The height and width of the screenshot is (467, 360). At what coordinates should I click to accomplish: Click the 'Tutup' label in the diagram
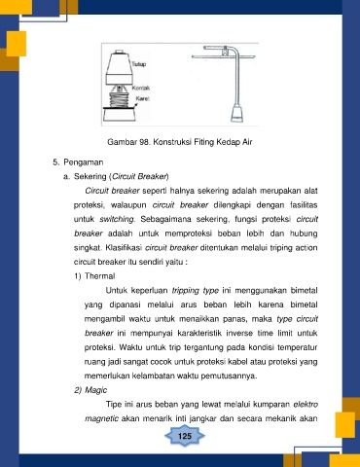tap(139, 64)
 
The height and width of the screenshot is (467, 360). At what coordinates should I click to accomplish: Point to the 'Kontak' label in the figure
tap(141, 88)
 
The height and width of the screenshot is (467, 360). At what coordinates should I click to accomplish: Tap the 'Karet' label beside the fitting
tap(142, 98)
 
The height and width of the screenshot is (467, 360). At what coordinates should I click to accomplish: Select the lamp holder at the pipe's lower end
tap(236, 113)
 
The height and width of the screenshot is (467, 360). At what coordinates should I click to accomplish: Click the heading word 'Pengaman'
tap(84, 162)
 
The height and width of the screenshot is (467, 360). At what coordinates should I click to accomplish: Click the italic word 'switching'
tap(117, 220)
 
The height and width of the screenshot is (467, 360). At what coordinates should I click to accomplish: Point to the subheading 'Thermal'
tap(100, 276)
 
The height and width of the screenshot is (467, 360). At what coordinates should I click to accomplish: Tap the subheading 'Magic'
tap(95, 390)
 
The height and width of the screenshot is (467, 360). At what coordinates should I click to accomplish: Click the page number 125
tap(185, 436)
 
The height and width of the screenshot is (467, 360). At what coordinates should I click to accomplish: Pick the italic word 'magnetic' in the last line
tap(101, 419)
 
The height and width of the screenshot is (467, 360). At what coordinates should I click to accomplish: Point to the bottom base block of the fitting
tap(120, 115)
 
